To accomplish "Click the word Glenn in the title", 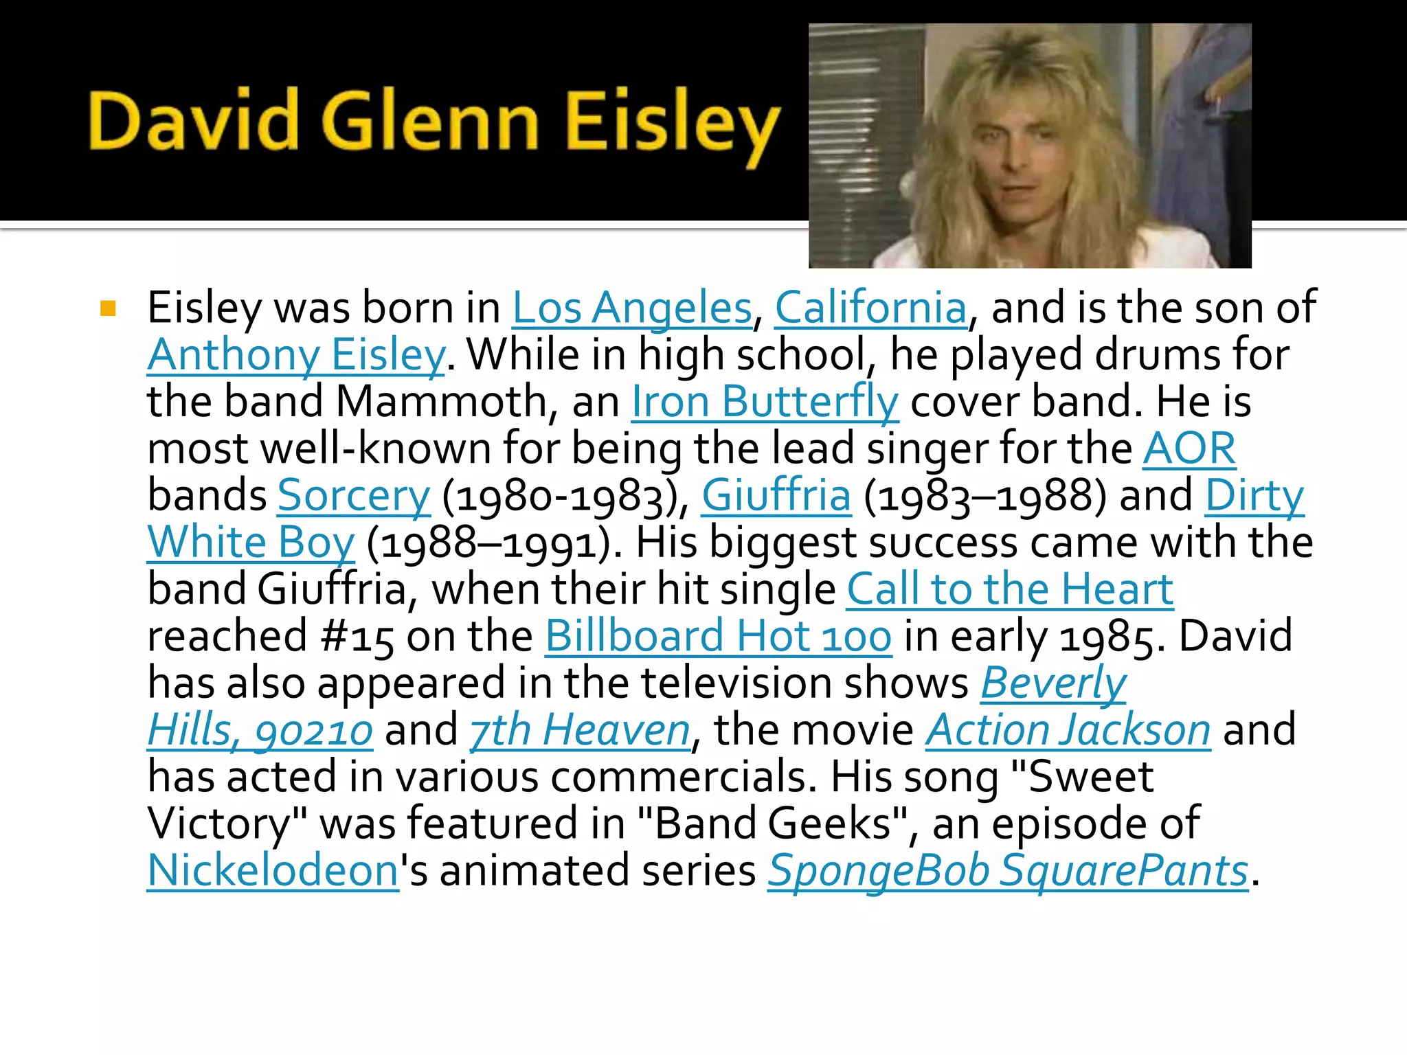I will (431, 122).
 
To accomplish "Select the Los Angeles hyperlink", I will (632, 308).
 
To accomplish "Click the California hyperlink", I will (871, 308).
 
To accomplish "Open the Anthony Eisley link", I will (296, 355).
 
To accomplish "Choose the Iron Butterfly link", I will (765, 402).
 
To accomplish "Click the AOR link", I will (1189, 449).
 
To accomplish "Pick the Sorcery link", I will (354, 496).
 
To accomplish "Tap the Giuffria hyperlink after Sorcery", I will (776, 496).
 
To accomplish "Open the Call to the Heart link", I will (1010, 589).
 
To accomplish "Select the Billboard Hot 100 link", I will (719, 636).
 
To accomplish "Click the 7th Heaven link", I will (580, 730).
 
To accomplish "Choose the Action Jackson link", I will (1068, 730).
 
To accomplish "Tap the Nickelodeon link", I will (273, 871).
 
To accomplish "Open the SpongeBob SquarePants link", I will (1008, 871).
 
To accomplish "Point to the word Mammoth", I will (442, 402).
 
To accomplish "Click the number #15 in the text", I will (357, 637).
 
